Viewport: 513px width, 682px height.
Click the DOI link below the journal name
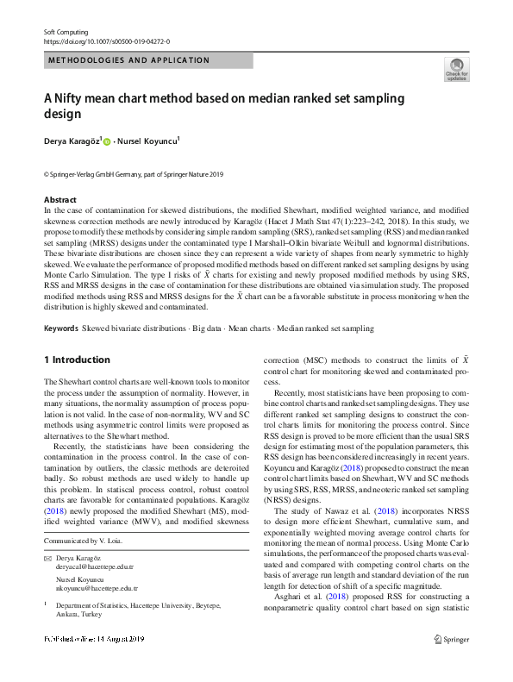106,41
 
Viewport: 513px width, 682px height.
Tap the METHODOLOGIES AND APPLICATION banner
129,60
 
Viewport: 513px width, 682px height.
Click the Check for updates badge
456,70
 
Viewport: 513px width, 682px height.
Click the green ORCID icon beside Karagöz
109,141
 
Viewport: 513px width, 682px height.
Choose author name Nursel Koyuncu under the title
151,141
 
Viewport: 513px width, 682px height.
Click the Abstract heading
59,199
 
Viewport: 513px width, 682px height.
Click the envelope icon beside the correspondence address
47,559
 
